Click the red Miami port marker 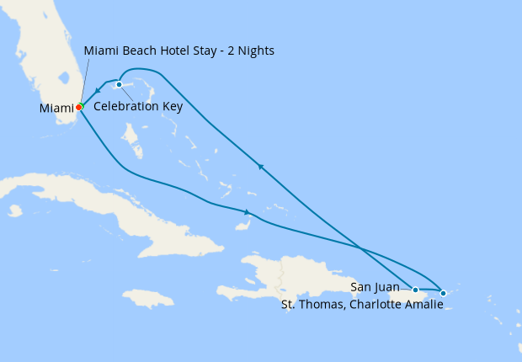tap(79, 107)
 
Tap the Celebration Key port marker tap(120, 84)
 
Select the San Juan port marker tap(415, 290)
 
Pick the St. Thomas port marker tap(444, 293)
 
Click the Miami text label tap(56, 109)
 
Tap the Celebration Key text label tap(138, 106)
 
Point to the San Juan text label tap(375, 287)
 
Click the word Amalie tap(423, 305)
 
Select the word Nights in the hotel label tap(256, 51)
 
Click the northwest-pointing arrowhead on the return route tap(262, 168)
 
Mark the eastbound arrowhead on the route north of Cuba tap(247, 212)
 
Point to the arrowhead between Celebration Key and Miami tap(98, 90)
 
